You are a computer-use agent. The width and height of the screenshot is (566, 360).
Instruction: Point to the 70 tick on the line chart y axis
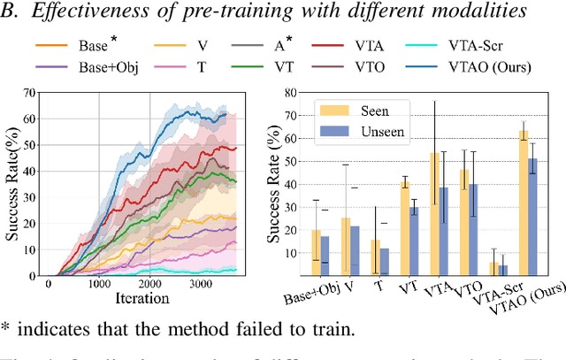(37, 93)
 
